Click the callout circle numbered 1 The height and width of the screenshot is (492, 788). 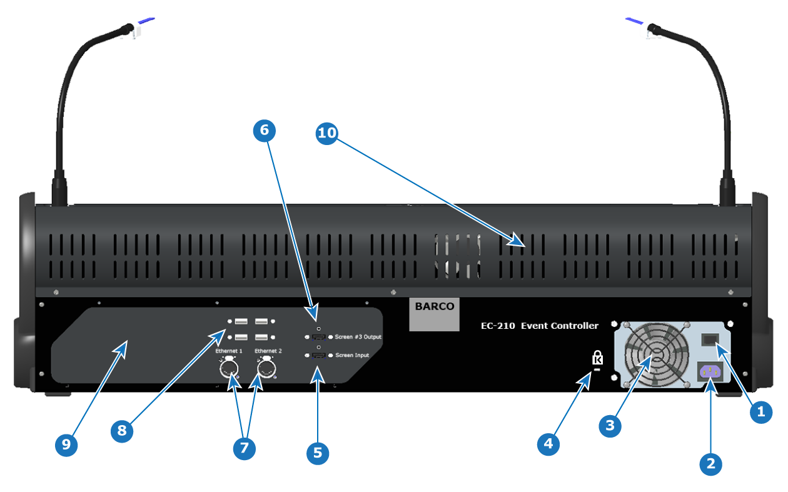pos(761,412)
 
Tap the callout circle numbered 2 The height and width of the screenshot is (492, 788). pos(710,464)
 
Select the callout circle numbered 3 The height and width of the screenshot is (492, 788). pos(610,426)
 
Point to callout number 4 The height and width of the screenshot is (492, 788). pos(548,444)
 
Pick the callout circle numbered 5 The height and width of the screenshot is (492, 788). pos(317,453)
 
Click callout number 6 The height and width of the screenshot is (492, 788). pos(264,131)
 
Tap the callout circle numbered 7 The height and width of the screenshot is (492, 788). pos(244,448)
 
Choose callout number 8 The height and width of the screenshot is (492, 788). pos(122,431)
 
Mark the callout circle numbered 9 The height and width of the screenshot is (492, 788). pos(66,445)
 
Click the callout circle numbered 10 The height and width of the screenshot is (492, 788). pos(326,133)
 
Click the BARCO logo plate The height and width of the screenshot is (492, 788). pos(434,314)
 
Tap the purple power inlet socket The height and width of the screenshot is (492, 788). pos(710,371)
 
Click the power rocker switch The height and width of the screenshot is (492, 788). pos(710,339)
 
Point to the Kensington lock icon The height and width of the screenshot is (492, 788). pos(597,358)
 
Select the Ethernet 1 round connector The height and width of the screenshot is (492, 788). pos(229,368)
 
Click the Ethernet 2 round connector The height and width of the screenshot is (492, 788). pos(266,368)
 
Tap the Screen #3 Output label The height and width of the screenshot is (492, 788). pos(358,337)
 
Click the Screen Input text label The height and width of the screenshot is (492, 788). pos(352,355)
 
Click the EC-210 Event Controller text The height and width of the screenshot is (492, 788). pos(539,326)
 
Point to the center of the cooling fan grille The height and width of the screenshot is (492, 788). pos(657,354)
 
